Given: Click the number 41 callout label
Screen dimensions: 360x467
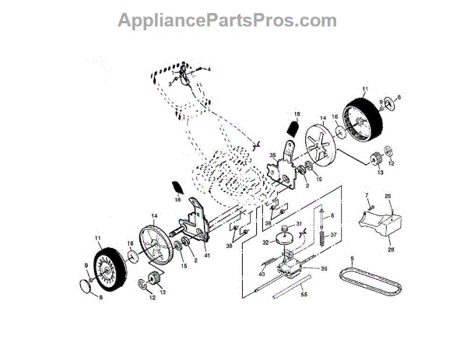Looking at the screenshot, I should coord(207,255).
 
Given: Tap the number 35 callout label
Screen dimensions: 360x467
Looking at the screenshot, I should coord(272,156).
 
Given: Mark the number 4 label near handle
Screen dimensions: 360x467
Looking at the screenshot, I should coord(209,69).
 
